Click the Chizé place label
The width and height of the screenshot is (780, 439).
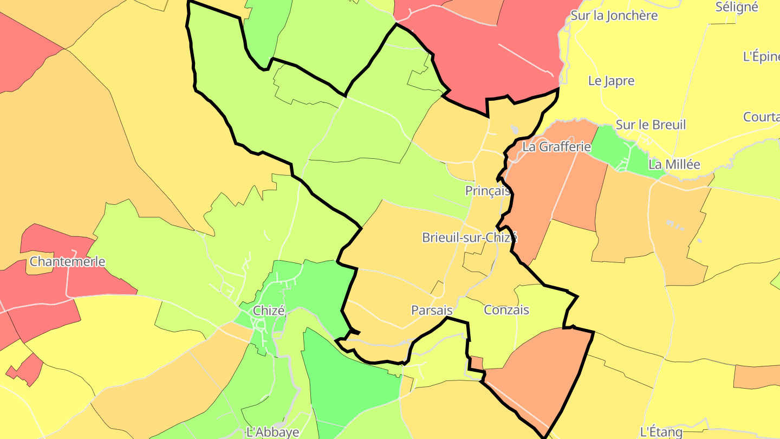269,311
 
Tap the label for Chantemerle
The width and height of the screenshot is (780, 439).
67,261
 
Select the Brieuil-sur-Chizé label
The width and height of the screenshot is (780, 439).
470,237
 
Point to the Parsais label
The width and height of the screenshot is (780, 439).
432,311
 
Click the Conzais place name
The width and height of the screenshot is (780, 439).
506,310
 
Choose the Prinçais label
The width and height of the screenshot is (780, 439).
487,191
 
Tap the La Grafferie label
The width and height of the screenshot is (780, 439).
556,146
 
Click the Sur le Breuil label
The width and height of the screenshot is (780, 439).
651,125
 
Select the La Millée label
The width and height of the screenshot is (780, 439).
674,164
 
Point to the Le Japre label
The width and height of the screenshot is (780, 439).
611,81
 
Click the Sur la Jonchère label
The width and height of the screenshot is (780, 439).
614,15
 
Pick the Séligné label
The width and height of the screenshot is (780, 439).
736,7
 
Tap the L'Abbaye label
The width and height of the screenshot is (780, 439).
272,432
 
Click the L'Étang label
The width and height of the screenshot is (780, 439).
661,431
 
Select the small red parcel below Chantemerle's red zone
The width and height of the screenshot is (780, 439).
26,370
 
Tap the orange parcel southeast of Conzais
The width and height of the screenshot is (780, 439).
542,374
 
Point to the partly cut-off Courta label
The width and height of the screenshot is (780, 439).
761,117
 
